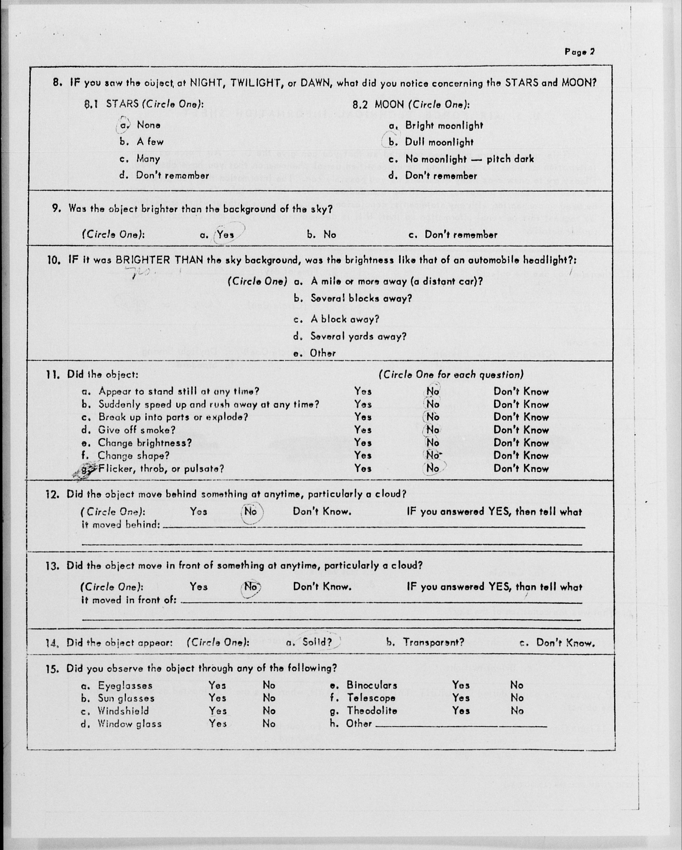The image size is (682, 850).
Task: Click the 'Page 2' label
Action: [x=579, y=52]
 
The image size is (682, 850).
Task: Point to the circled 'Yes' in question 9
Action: [x=225, y=235]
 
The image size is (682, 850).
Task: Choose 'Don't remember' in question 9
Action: [x=461, y=235]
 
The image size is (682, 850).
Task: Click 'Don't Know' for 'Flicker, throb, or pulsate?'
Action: [x=521, y=469]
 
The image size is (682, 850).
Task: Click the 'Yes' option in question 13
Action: [x=199, y=587]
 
